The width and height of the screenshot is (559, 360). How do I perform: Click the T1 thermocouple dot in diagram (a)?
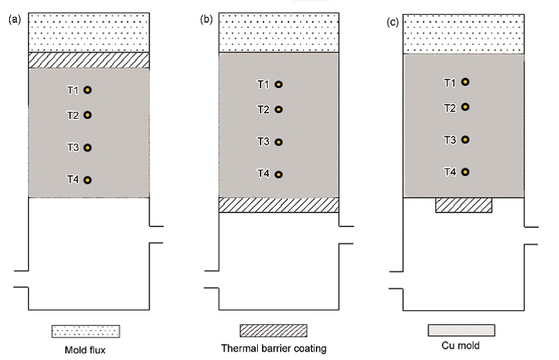(88, 90)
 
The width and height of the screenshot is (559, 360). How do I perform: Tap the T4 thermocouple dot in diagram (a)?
(88, 180)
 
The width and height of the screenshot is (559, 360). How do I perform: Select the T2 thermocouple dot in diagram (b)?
(279, 110)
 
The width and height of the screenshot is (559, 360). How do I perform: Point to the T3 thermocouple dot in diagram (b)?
(279, 142)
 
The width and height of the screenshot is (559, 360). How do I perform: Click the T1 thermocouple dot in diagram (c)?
(465, 82)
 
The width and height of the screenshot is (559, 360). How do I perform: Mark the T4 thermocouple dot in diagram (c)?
(465, 172)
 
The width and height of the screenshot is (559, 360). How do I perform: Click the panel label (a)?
(15, 20)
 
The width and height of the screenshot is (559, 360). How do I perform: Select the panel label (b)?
(206, 20)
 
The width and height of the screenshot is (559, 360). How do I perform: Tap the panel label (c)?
(393, 22)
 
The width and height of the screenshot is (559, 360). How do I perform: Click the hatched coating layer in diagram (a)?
(89, 60)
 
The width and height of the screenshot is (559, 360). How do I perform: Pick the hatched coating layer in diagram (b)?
(279, 205)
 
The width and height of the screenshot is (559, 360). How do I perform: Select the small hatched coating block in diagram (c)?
(464, 205)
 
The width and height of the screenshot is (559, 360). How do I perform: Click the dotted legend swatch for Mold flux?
(86, 331)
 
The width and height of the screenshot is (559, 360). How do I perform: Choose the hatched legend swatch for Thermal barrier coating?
(273, 331)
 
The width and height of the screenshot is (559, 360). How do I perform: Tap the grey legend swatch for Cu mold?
(461, 331)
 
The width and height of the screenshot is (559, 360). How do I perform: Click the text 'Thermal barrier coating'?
(274, 348)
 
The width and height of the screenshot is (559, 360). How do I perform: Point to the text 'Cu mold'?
(460, 345)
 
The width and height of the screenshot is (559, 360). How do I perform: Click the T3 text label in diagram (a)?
(73, 147)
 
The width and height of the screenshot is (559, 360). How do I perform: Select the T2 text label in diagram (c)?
(450, 108)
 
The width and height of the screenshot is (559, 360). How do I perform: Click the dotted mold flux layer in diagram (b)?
(279, 33)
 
